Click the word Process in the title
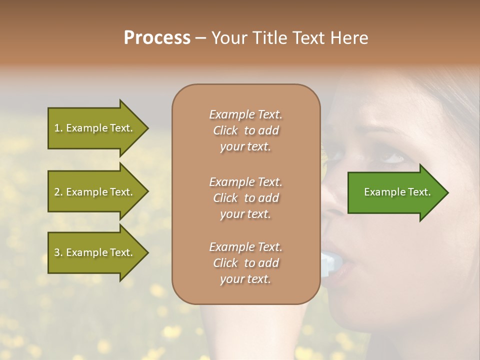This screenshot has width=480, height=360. pyautogui.click(x=157, y=38)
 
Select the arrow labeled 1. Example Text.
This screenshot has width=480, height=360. pyautogui.click(x=95, y=128)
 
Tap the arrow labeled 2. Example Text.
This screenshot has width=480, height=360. pyautogui.click(x=95, y=192)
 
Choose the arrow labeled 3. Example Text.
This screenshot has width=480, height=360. pyautogui.click(x=95, y=252)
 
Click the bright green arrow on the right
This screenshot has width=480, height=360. pyautogui.click(x=395, y=192)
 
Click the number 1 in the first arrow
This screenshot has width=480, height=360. pyautogui.click(x=57, y=128)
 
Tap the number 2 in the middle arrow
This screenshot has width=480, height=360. pyautogui.click(x=57, y=192)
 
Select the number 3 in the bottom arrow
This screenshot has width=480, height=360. pyautogui.click(x=57, y=252)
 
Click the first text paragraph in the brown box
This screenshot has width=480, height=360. pyautogui.click(x=245, y=130)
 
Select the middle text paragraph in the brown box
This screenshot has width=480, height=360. pyautogui.click(x=245, y=198)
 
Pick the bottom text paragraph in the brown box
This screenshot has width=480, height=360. pyautogui.click(x=245, y=263)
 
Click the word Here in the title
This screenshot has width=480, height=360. pyautogui.click(x=349, y=38)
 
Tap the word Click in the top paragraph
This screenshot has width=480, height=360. pyautogui.click(x=225, y=130)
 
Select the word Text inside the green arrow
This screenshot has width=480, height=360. pyautogui.click(x=419, y=192)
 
